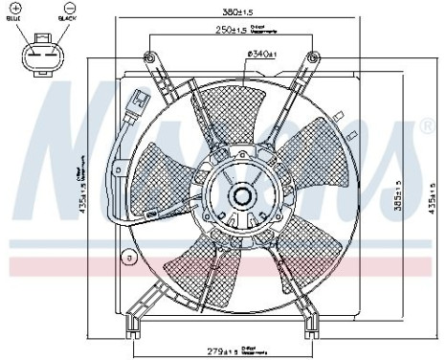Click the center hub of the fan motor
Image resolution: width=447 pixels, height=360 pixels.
click(x=242, y=196)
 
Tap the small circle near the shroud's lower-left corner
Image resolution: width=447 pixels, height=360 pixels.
click(x=127, y=257)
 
